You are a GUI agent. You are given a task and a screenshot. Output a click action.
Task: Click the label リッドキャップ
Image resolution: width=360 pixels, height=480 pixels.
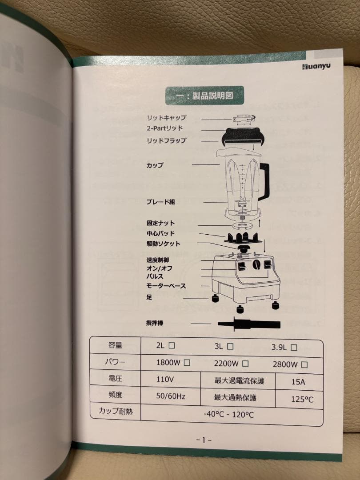(166, 118)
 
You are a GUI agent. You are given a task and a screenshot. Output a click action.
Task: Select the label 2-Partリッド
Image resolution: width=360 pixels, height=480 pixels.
(164, 128)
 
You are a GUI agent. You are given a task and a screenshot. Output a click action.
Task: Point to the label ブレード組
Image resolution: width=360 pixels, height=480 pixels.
(160, 202)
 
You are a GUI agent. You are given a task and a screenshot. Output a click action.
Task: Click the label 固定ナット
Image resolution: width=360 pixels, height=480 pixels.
(160, 223)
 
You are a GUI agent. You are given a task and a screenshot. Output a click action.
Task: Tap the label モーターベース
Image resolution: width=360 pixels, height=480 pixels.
(166, 286)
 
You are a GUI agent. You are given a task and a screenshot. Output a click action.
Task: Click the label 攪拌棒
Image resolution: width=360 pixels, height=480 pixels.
(154, 323)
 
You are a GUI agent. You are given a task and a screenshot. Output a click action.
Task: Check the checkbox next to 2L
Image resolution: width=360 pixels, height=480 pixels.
(172, 345)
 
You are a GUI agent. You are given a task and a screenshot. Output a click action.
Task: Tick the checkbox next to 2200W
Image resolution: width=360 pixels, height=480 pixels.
(244, 363)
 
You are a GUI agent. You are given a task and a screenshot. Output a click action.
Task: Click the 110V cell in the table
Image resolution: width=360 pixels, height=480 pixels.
(165, 380)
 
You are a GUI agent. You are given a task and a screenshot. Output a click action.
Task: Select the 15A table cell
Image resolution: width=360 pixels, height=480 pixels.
(299, 381)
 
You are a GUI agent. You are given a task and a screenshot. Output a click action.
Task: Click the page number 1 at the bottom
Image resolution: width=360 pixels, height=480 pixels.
(204, 440)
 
